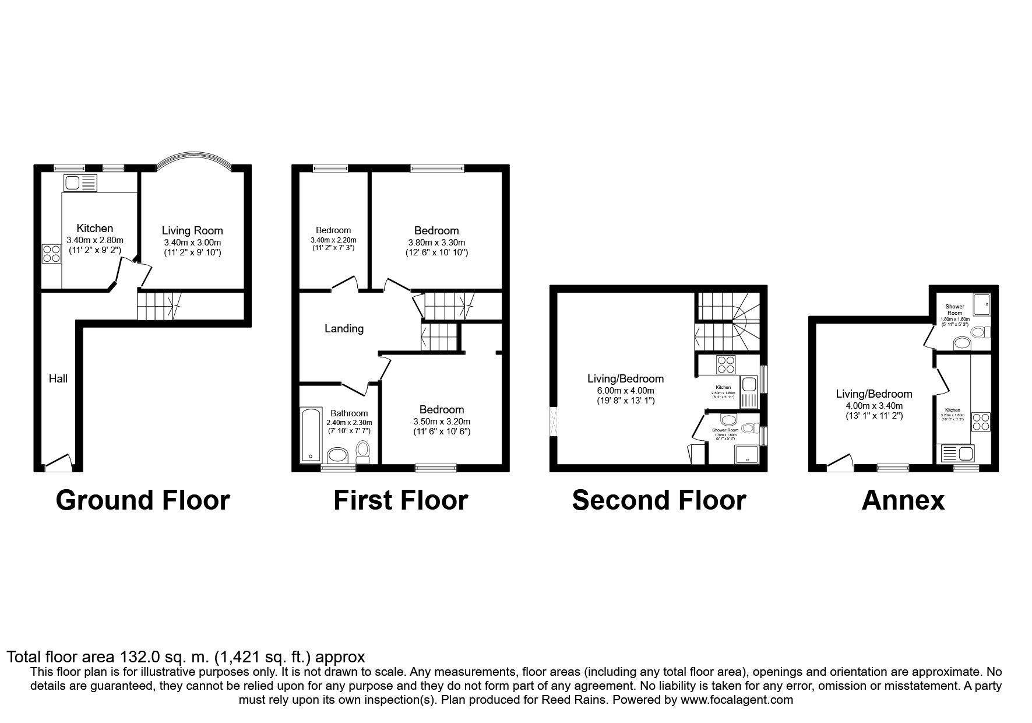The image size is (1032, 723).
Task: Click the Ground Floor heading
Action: pyautogui.click(x=143, y=500)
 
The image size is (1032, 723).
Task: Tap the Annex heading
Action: pyautogui.click(x=903, y=500)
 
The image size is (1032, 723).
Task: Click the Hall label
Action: pyautogui.click(x=58, y=379)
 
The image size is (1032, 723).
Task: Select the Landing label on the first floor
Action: pyautogui.click(x=344, y=329)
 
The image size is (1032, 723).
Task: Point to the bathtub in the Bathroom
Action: pyautogui.click(x=310, y=435)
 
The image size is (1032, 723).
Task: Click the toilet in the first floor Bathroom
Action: pyautogui.click(x=363, y=451)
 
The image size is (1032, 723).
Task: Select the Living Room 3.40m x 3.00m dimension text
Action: pyautogui.click(x=192, y=243)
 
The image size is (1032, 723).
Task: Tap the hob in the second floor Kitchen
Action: pyautogui.click(x=726, y=364)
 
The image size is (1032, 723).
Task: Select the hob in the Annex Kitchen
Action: pyautogui.click(x=980, y=422)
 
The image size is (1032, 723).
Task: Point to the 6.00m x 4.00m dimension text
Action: pyautogui.click(x=625, y=391)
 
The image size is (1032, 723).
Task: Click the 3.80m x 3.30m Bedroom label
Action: pyautogui.click(x=436, y=231)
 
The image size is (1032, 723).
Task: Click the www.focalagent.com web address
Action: pyautogui.click(x=736, y=700)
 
